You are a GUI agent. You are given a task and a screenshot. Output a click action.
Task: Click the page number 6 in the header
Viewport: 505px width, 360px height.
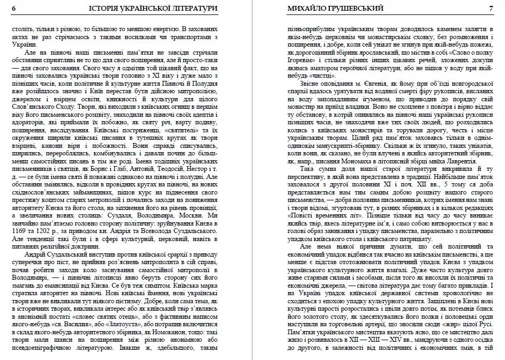tap(13, 9)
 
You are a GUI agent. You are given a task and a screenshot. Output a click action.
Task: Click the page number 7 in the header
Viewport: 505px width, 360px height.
tap(491, 9)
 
